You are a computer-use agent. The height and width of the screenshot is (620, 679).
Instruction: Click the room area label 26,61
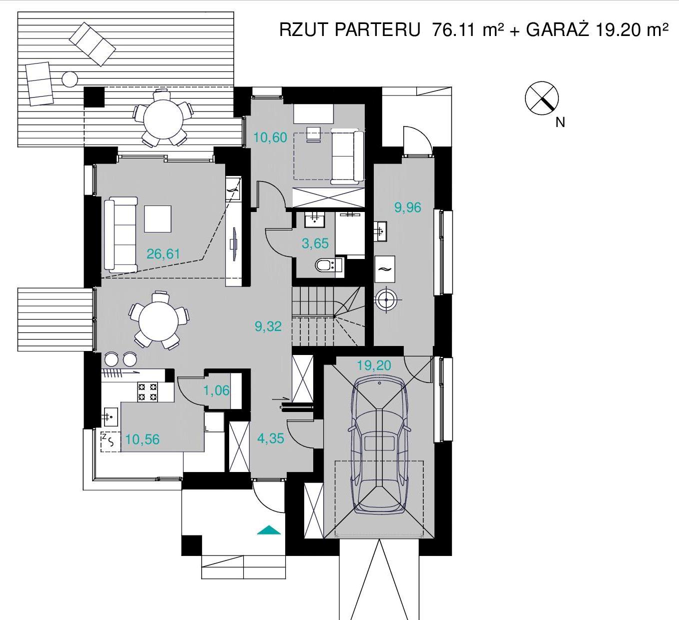[x=163, y=253]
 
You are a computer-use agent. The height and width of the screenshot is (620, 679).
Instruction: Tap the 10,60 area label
[x=270, y=137]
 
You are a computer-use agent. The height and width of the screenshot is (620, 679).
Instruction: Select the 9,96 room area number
[x=407, y=207]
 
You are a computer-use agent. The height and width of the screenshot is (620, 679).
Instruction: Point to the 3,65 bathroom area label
[x=315, y=243]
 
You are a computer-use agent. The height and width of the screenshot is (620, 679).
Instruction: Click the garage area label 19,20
[x=374, y=365]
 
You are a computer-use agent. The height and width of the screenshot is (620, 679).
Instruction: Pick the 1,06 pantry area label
[x=216, y=390]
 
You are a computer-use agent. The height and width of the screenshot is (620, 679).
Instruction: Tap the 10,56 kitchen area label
[x=142, y=439]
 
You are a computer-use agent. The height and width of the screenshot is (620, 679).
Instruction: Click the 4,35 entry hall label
[x=271, y=438]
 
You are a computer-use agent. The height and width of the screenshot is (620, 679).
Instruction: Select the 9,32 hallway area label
[x=268, y=326]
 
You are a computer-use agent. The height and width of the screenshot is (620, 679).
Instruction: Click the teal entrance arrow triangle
[x=269, y=530]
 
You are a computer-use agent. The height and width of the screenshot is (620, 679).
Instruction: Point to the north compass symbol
[x=541, y=98]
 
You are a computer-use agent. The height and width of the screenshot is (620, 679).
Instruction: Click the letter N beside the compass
[x=560, y=122]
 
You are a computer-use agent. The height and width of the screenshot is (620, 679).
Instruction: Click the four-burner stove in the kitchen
[x=147, y=391]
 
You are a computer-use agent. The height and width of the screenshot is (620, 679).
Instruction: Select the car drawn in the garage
[x=379, y=445]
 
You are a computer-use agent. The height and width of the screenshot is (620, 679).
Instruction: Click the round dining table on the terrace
[x=163, y=119]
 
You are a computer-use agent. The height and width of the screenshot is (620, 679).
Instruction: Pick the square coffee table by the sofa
[x=158, y=219]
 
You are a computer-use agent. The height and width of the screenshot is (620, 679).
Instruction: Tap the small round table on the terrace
[x=70, y=79]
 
